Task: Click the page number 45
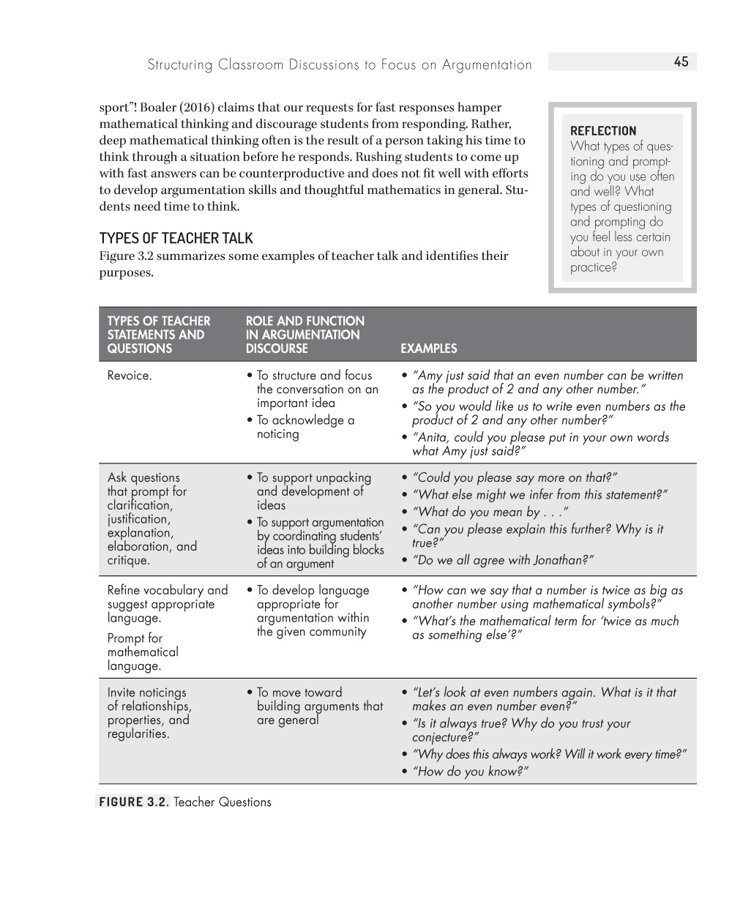click(681, 62)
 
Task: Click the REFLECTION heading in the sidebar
click(603, 131)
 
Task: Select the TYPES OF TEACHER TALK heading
click(176, 238)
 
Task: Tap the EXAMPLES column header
click(428, 348)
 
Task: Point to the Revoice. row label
click(130, 376)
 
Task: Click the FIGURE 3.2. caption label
click(133, 802)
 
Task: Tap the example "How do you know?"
click(470, 771)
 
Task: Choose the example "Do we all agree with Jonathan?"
click(503, 560)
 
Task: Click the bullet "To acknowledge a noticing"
click(305, 427)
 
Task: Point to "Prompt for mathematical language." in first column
click(143, 652)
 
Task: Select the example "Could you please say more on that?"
click(515, 477)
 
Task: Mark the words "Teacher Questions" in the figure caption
click(223, 802)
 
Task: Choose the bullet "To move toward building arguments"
click(319, 706)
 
